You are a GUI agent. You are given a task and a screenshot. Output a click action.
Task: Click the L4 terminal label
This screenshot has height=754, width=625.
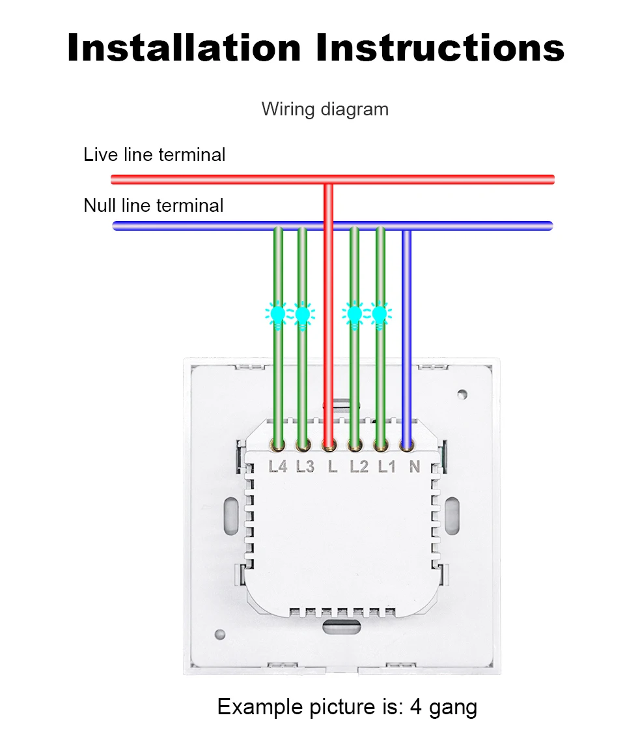click(x=278, y=467)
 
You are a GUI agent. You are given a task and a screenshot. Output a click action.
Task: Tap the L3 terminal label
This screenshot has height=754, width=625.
click(x=305, y=467)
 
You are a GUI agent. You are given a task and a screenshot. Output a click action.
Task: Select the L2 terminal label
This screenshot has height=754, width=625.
click(x=359, y=467)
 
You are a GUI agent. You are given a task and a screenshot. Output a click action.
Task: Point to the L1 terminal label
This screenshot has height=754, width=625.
click(x=387, y=467)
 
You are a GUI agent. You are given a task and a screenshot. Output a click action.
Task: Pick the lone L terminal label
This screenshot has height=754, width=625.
click(x=333, y=467)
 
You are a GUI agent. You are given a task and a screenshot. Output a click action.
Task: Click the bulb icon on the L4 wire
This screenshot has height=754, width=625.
click(x=278, y=315)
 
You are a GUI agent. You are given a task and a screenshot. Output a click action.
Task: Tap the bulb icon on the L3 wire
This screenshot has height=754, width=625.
click(x=302, y=315)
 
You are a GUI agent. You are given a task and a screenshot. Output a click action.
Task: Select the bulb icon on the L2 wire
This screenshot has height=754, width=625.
click(x=354, y=315)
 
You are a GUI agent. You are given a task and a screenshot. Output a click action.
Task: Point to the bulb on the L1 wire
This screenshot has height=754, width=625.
click(x=380, y=315)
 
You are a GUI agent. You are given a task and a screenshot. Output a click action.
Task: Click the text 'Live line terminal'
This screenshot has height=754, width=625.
click(x=154, y=155)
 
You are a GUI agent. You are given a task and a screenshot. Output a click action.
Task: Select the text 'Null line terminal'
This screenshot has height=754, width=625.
click(x=153, y=206)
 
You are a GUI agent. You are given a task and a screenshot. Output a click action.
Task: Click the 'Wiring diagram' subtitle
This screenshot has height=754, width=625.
click(x=325, y=109)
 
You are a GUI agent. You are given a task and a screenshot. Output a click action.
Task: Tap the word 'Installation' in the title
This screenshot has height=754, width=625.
click(x=184, y=48)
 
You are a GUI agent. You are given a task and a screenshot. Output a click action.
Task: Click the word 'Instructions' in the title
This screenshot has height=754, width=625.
click(x=441, y=48)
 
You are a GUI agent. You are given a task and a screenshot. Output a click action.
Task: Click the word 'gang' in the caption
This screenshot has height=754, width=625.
click(x=453, y=708)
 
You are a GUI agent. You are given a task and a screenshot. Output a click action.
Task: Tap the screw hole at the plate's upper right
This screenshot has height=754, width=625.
click(x=462, y=394)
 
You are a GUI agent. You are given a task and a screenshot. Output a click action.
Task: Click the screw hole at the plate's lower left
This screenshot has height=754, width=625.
click(x=220, y=634)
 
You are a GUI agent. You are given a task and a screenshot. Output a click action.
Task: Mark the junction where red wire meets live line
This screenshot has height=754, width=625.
click(x=329, y=180)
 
